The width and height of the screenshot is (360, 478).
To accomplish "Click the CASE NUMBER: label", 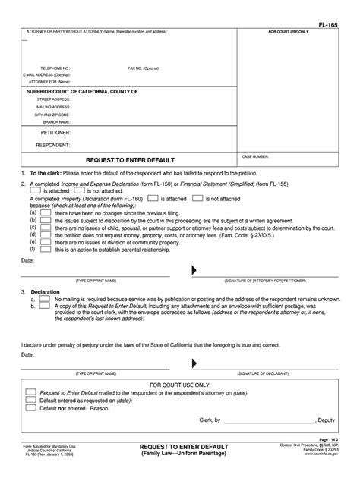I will tap(256, 156).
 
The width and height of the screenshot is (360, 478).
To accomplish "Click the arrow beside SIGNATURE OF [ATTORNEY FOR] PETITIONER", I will tap(194, 270).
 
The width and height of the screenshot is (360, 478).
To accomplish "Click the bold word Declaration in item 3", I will tap(46, 291).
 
